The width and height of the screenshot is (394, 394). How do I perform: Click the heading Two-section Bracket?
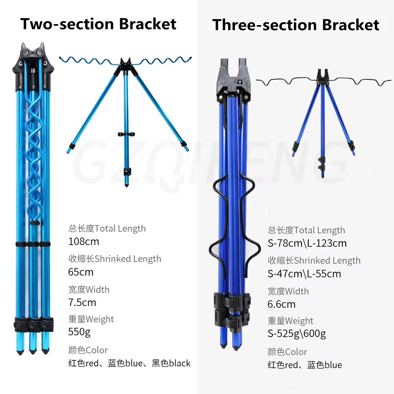[x=98, y=24]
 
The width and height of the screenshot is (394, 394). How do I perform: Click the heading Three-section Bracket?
[x=296, y=25]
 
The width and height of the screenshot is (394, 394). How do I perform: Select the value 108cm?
[x=84, y=241]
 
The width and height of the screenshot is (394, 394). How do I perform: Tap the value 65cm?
[x=81, y=272]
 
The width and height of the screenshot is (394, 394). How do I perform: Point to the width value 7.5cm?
[x=82, y=302]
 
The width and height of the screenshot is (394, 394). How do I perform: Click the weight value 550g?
[x=79, y=332]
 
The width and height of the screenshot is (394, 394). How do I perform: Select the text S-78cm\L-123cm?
[x=307, y=243]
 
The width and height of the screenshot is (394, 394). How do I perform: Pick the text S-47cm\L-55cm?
[x=304, y=274]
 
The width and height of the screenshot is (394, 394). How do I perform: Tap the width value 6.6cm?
[x=281, y=304]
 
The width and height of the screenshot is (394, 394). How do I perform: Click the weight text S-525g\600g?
[x=297, y=334]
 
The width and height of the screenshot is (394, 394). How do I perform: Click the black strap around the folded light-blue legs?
[x=33, y=244]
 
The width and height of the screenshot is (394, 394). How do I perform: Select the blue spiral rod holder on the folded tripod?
[x=34, y=161]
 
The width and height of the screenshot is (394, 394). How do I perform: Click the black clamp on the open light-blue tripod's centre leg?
[x=126, y=134]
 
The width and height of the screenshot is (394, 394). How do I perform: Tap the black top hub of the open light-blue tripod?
[x=126, y=66]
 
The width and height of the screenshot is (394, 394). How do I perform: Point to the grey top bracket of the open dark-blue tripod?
[x=323, y=77]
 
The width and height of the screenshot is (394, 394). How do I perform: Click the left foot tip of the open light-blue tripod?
[x=67, y=152]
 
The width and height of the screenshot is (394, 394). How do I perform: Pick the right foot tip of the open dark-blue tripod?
[x=354, y=154]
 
